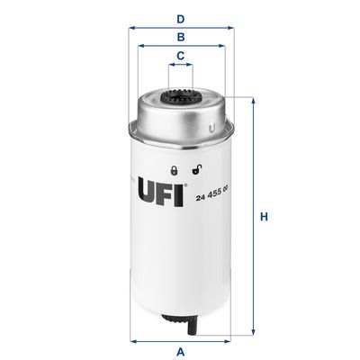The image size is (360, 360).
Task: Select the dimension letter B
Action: [x=180, y=37]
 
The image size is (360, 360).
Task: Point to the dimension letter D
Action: [x=180, y=18]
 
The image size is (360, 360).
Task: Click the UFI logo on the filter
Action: [x=160, y=192]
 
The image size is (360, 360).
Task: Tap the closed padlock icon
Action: [x=174, y=169]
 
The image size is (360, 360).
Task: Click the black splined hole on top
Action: [x=180, y=96]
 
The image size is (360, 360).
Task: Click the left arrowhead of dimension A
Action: [x=133, y=339]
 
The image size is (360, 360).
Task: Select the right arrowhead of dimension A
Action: [x=228, y=339]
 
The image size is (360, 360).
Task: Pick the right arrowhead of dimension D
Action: [x=230, y=28]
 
